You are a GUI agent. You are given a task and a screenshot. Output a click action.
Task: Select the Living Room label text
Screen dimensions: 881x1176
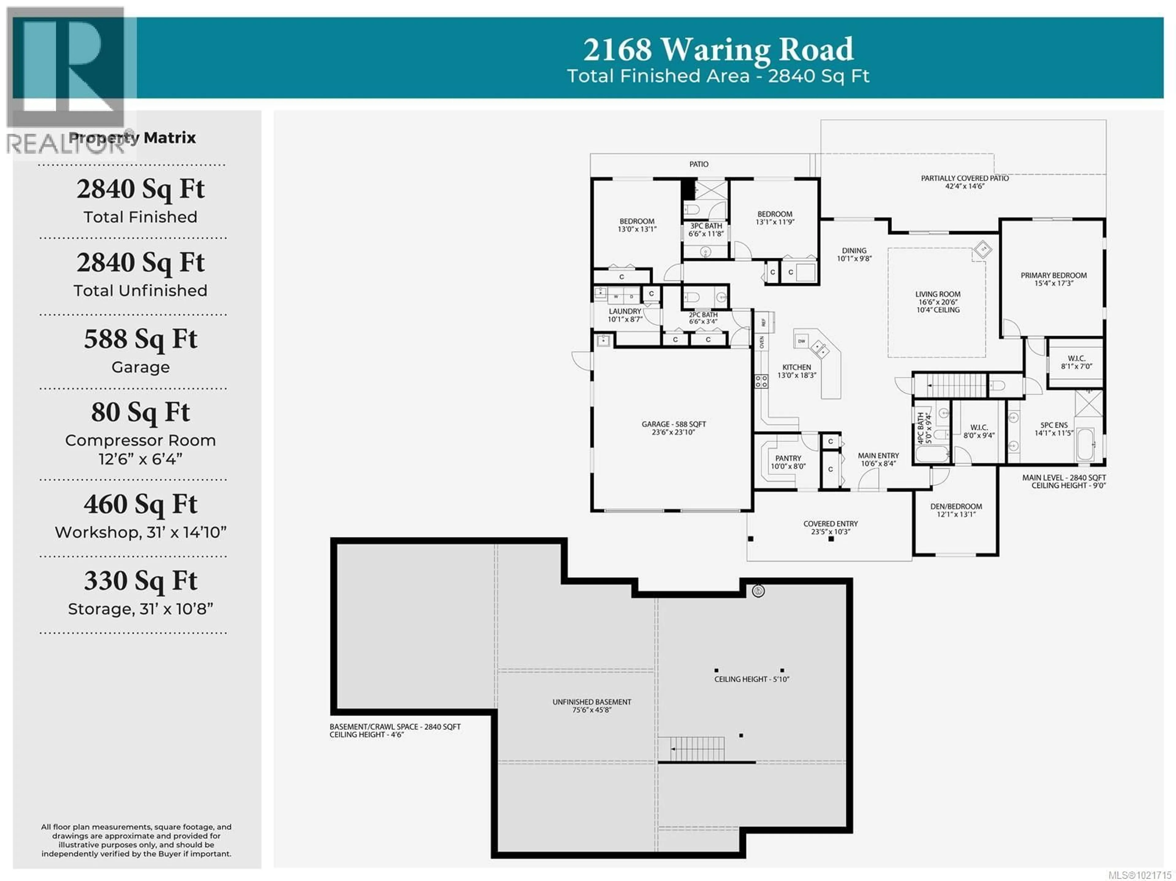pyautogui.click(x=938, y=294)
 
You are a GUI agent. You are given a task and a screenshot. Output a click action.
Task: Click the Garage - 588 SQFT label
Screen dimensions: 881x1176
pyautogui.click(x=673, y=424)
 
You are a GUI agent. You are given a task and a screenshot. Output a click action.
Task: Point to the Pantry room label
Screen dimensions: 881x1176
pyautogui.click(x=788, y=458)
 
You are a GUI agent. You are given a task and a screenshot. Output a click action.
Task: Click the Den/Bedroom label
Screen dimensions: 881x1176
pyautogui.click(x=956, y=506)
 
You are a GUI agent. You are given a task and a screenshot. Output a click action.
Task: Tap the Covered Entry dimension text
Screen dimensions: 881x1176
pyautogui.click(x=831, y=531)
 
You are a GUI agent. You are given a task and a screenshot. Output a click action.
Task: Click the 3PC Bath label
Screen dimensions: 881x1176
pyautogui.click(x=706, y=226)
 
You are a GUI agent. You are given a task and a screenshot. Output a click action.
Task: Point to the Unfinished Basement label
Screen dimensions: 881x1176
pyautogui.click(x=592, y=702)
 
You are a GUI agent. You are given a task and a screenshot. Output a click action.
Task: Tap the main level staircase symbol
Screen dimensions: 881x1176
pyautogui.click(x=957, y=385)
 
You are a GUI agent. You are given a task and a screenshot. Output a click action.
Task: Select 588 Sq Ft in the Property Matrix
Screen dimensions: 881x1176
pyautogui.click(x=140, y=339)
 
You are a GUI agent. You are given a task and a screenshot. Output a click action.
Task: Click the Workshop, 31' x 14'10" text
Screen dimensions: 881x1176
pyautogui.click(x=140, y=532)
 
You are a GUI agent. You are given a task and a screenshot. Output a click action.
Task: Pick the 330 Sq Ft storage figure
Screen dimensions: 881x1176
pyautogui.click(x=140, y=581)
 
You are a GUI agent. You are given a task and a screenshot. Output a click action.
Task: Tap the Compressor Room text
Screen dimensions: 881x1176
pyautogui.click(x=140, y=440)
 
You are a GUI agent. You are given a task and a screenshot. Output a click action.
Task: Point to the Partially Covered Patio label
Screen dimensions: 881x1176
pyautogui.click(x=964, y=178)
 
